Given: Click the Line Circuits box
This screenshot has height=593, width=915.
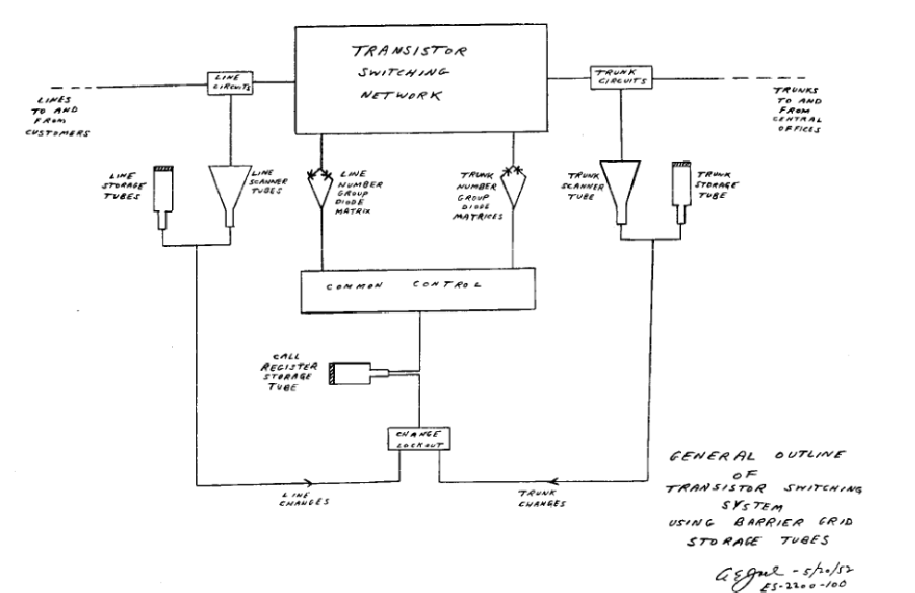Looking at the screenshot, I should coord(236,80).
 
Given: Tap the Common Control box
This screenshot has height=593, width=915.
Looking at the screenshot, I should coord(419,289).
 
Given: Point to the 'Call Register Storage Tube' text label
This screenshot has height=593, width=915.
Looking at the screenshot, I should coord(294,374).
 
